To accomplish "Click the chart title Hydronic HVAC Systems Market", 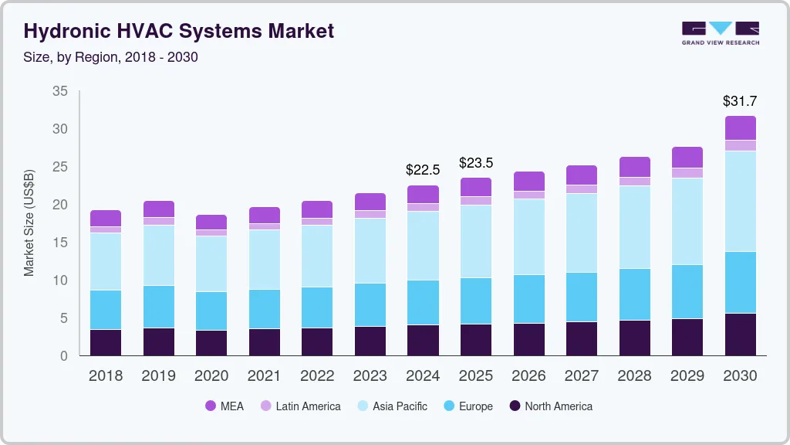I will coord(179,31).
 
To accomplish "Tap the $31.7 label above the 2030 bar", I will coord(740,100).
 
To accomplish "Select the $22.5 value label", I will coord(423,169).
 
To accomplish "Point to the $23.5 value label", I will coord(475,162).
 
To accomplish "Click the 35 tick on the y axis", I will coord(59,91).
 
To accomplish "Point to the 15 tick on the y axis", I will coord(59,243).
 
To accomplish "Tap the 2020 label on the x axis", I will coord(211,375).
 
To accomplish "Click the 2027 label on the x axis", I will coord(581,375).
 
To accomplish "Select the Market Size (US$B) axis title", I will coord(29,222).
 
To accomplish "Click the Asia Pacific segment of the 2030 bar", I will coord(740,201).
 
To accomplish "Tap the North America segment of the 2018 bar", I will coord(106,342).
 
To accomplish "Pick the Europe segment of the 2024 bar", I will coord(423,302).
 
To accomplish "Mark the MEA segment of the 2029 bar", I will coord(687,157).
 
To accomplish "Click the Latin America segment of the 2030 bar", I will coord(740,145).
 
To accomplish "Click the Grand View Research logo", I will coord(720,33).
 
